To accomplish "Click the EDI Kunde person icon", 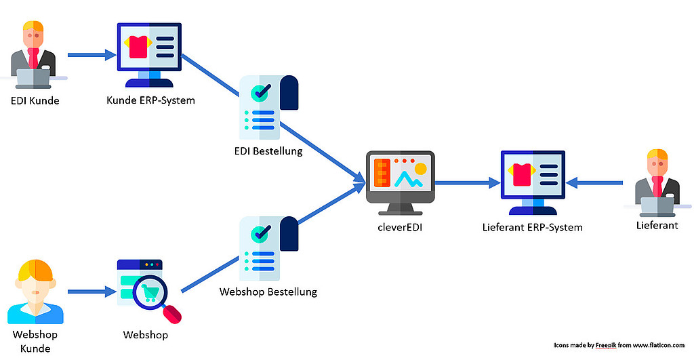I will (33, 56).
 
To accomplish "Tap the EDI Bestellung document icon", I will (268, 108).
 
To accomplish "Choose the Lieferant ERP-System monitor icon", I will (533, 180).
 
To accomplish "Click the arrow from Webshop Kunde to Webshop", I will (91, 292).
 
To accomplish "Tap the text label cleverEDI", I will (401, 228).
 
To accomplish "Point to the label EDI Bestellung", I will (269, 151).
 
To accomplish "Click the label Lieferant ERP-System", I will (533, 227).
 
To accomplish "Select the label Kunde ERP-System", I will (150, 101).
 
